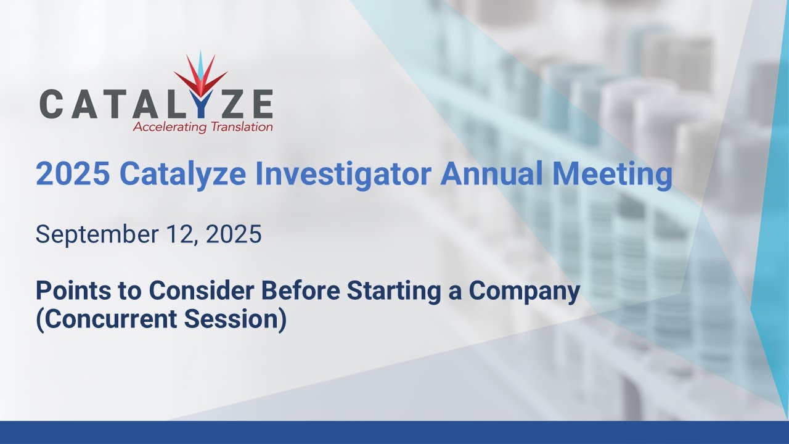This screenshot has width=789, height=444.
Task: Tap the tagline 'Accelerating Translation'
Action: click(x=203, y=128)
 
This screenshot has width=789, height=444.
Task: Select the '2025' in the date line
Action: click(x=233, y=235)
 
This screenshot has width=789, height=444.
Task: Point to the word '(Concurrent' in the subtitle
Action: click(x=100, y=321)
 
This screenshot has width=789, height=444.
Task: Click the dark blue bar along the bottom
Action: click(x=394, y=432)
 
